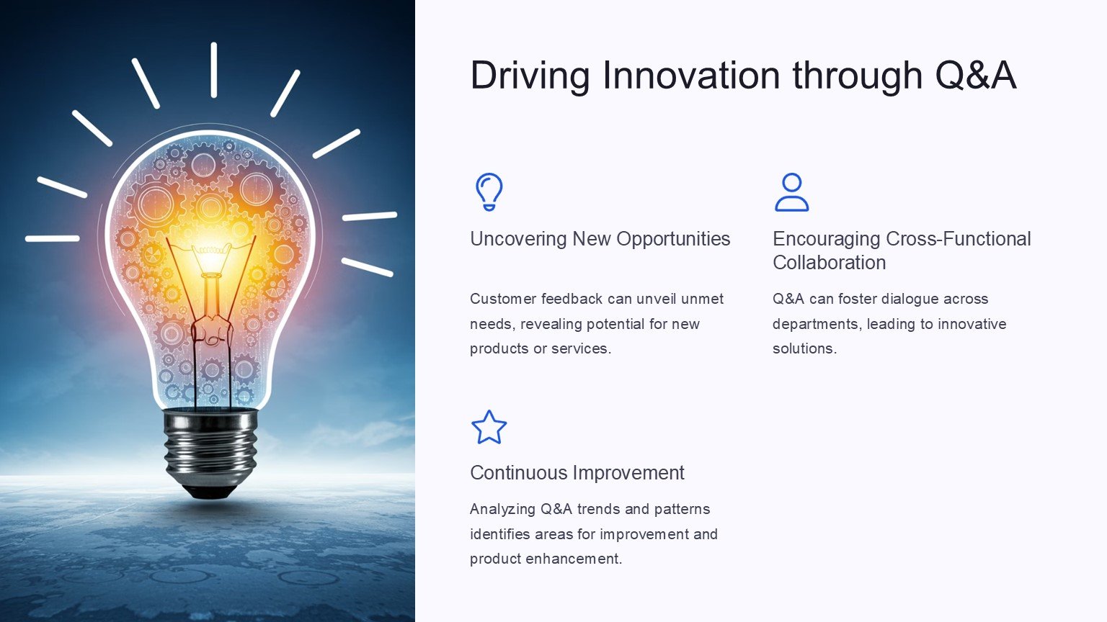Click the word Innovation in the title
coord(691,75)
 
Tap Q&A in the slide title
coord(975,75)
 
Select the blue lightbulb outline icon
coord(489,191)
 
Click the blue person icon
coord(792,192)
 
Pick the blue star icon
coord(489,428)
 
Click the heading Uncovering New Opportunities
coord(600,239)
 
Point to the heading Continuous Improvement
coord(577,473)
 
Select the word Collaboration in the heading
coord(830,263)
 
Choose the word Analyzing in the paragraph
coord(502,510)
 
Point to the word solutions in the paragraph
coord(804,348)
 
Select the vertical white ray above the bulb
coord(213,70)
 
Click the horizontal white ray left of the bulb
coord(53,238)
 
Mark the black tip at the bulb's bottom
coord(211,492)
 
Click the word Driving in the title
coord(530,75)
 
